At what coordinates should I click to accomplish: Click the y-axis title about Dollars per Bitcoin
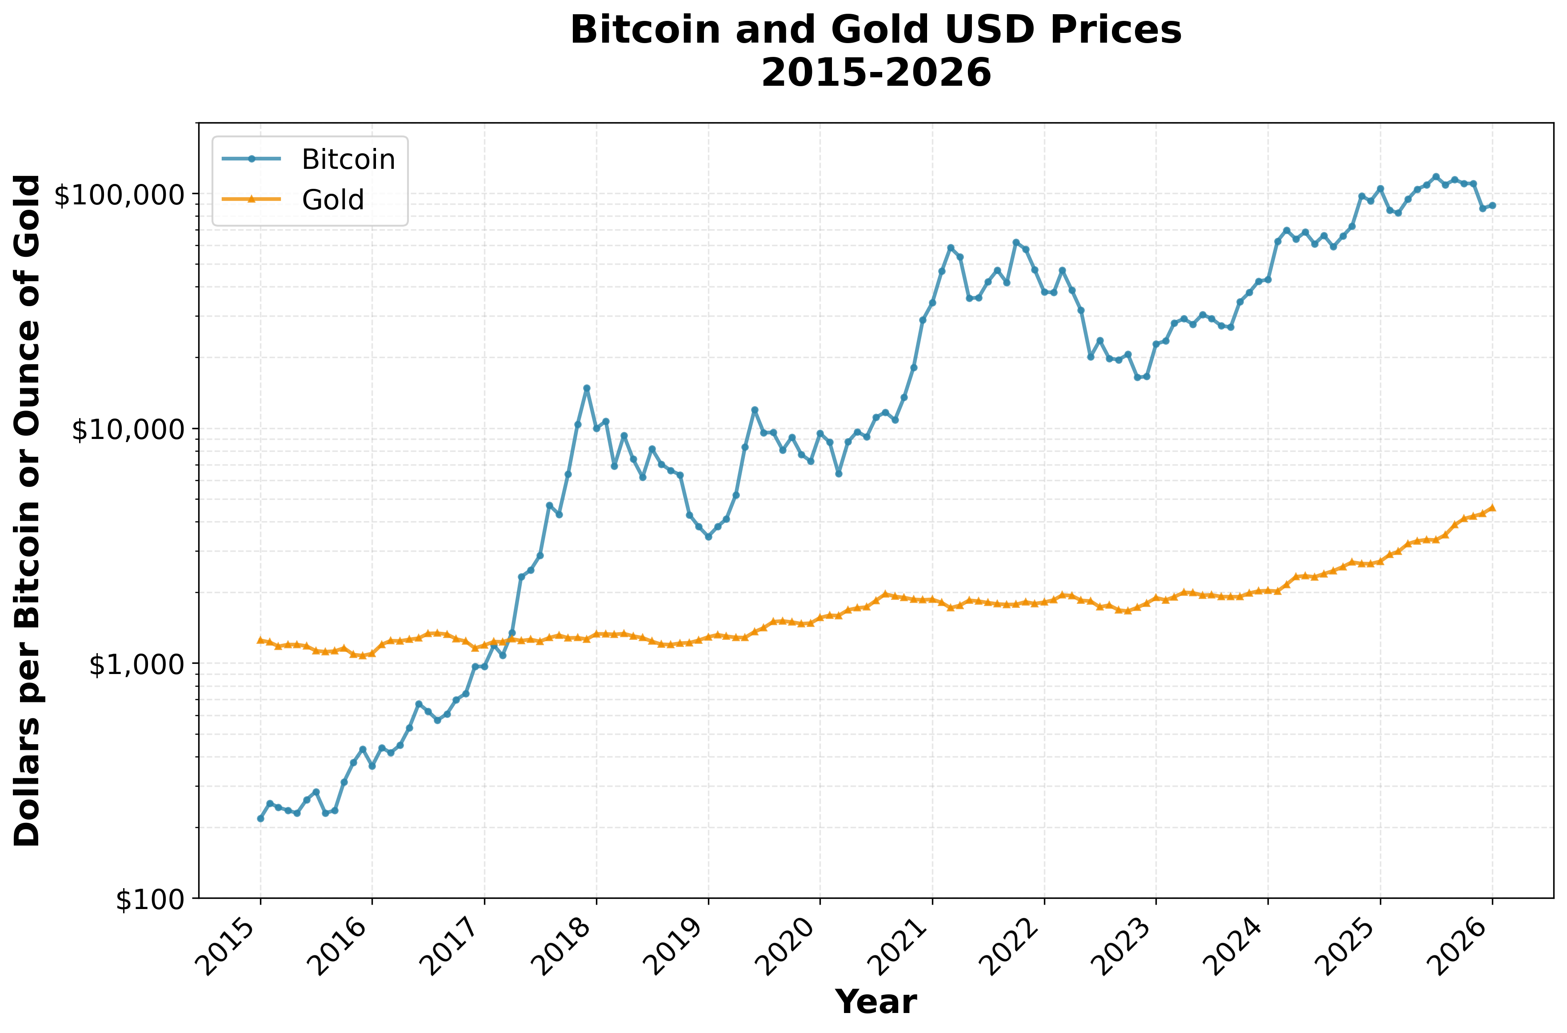(x=28, y=511)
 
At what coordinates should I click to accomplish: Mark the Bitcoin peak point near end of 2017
(x=587, y=388)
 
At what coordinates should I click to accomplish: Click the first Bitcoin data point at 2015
(x=260, y=818)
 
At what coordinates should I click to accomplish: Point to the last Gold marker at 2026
(x=1492, y=507)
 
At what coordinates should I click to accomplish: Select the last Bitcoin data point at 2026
(x=1492, y=206)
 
